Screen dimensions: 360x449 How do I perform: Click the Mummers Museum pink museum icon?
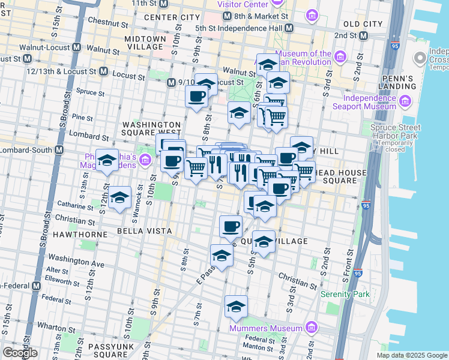[311, 328]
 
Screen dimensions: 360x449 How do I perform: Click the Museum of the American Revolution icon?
[340, 58]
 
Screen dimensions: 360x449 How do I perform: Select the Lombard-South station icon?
[59, 150]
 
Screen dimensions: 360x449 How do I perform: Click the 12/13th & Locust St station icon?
[103, 71]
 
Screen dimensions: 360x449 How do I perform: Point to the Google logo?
[20, 353]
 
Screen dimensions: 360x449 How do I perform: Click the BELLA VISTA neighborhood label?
[144, 231]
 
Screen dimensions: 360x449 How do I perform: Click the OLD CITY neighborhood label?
[363, 24]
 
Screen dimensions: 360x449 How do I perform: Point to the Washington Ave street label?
[85, 263]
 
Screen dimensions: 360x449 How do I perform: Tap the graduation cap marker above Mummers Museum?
[236, 307]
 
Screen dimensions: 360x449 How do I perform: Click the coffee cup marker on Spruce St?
[196, 96]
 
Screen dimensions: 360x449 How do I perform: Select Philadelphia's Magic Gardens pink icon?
[145, 161]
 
